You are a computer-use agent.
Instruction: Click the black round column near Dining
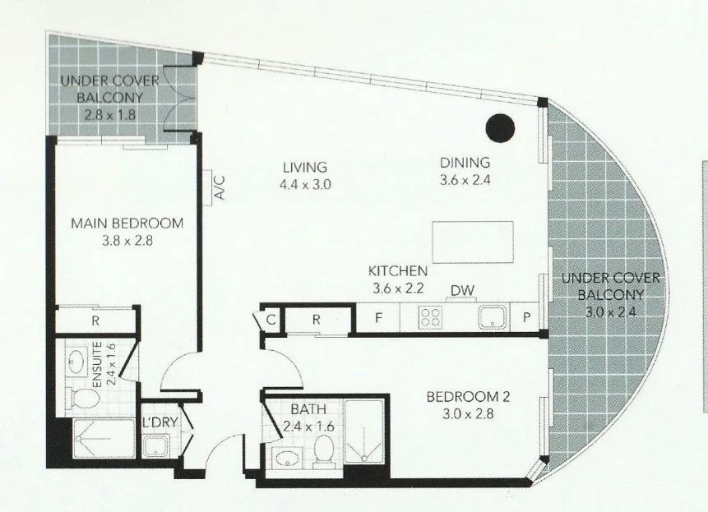[499, 127]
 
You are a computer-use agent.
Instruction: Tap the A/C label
[219, 190]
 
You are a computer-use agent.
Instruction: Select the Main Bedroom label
[127, 223]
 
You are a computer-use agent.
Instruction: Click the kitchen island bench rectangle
[473, 242]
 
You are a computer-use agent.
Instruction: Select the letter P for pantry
[526, 318]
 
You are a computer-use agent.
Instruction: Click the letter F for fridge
[379, 318]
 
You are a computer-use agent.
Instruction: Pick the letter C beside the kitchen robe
[270, 319]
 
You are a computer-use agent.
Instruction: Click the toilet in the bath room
[323, 450]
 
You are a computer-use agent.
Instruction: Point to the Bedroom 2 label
[468, 398]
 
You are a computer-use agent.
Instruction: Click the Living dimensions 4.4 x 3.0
[303, 185]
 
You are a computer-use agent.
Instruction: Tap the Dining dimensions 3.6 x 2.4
[464, 180]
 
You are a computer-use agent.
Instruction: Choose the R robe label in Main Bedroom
[95, 321]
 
